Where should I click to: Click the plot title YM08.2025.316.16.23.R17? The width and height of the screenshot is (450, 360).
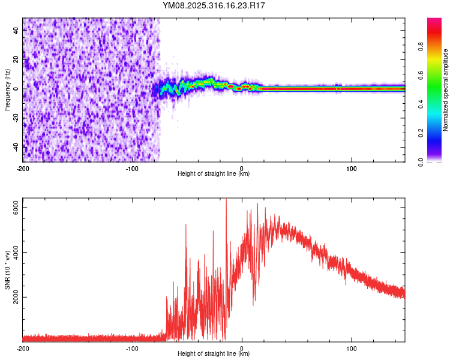[214, 5]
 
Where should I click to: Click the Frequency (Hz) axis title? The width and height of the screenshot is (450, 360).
[7, 90]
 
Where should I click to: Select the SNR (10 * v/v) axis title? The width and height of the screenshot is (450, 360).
[7, 270]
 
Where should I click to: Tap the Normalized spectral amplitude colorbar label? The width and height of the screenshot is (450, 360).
[446, 90]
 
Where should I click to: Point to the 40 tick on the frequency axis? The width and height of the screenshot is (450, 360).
[16, 31]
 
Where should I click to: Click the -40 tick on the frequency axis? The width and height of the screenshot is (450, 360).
[16, 146]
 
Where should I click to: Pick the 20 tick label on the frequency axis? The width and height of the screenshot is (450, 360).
[16, 60]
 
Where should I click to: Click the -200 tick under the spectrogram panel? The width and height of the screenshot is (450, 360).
[23, 167]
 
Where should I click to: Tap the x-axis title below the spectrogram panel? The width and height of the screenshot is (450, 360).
[214, 174]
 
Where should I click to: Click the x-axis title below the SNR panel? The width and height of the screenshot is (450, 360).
[214, 354]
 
